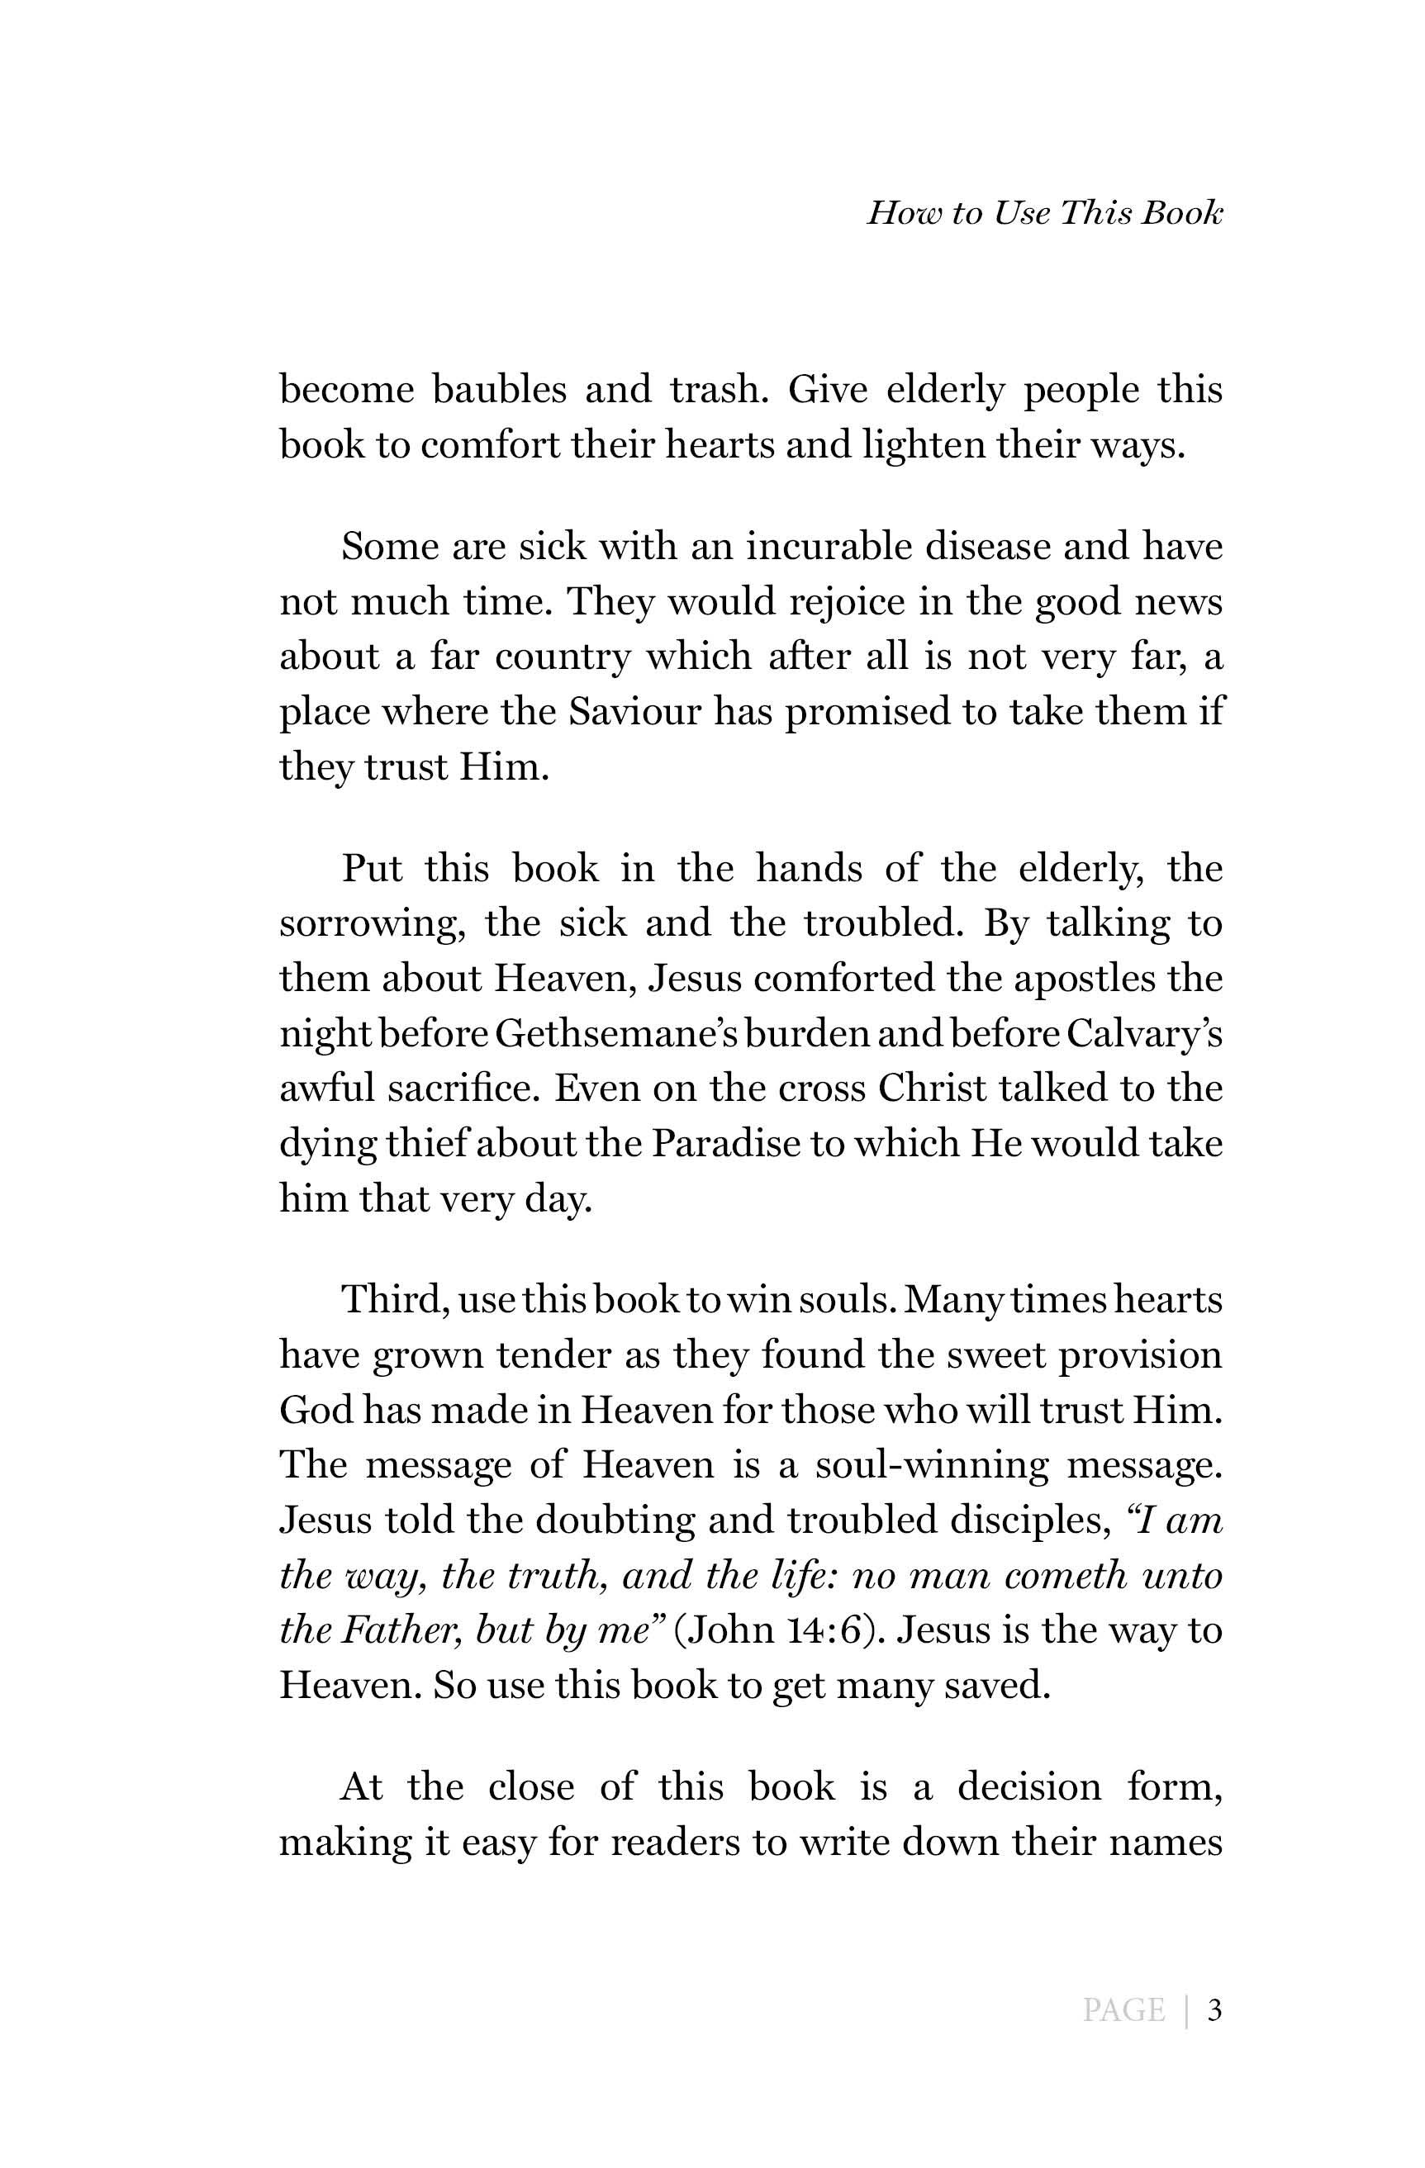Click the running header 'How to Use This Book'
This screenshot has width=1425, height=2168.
click(1044, 213)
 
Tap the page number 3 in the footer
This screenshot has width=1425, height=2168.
click(1214, 2009)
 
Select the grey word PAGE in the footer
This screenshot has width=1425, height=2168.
click(1123, 2009)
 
